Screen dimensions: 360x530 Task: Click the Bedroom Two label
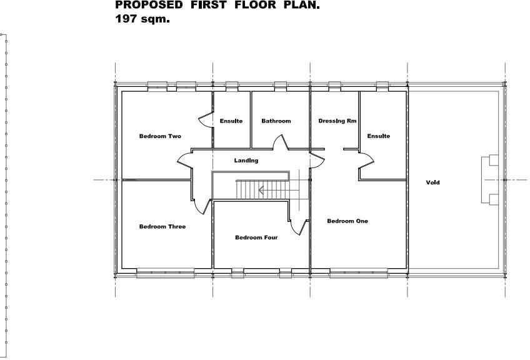[x=160, y=136]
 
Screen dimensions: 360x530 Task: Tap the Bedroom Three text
[x=162, y=227]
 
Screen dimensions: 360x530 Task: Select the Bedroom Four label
[x=256, y=237]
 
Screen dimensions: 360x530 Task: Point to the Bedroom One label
[x=347, y=221]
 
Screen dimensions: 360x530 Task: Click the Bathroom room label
[x=276, y=121]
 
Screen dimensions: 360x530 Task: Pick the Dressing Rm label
[x=337, y=121]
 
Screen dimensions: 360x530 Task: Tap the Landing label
[x=246, y=161]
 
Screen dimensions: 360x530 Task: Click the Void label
[x=433, y=182]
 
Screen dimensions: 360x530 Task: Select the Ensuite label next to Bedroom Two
[x=231, y=121]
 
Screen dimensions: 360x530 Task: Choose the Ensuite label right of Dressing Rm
[x=378, y=136]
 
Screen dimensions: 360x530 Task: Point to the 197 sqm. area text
[x=143, y=19]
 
